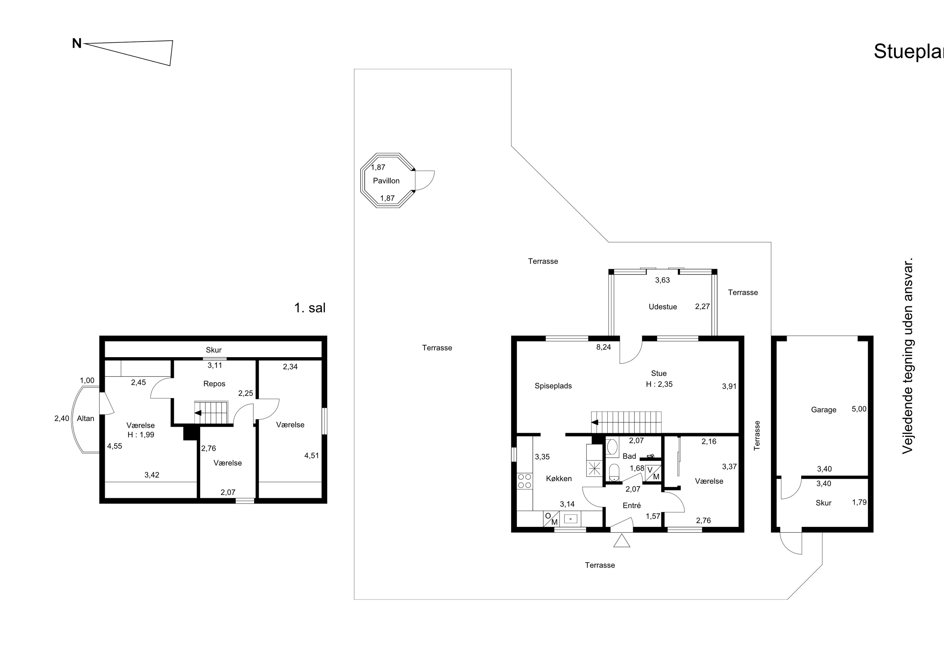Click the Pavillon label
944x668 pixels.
click(x=386, y=181)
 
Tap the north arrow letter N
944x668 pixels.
click(x=77, y=44)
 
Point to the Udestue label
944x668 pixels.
click(x=663, y=307)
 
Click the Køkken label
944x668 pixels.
click(x=559, y=479)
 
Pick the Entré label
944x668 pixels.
click(x=632, y=505)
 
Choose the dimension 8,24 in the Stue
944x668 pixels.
click(x=604, y=347)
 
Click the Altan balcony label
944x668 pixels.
click(x=86, y=418)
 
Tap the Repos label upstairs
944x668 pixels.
click(x=214, y=384)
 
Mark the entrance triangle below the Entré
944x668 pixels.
click(x=622, y=541)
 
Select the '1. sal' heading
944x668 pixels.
click(x=310, y=308)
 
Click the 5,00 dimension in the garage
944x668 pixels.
click(x=859, y=409)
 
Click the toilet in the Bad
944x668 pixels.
click(x=614, y=472)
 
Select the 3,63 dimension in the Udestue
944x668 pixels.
click(x=662, y=280)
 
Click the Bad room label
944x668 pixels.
click(x=629, y=456)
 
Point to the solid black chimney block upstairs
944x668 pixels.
click(x=191, y=432)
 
